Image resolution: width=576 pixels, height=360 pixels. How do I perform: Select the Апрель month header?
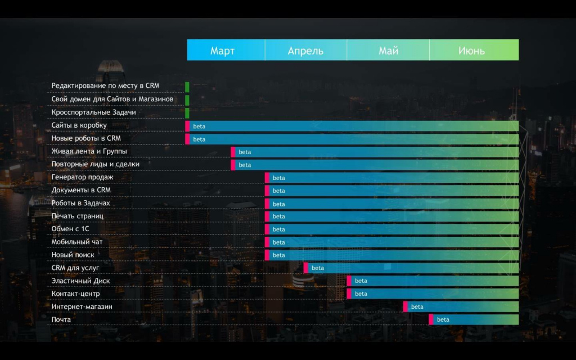point(305,50)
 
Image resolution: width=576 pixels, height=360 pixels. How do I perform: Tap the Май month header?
point(388,50)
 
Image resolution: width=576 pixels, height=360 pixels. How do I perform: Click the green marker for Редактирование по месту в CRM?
point(187,87)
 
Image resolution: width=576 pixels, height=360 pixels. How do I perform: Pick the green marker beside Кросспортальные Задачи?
point(187,113)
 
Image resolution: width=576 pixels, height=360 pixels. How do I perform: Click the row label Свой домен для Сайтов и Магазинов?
point(112,99)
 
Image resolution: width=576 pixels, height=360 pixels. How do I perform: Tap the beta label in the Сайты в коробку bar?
point(199,127)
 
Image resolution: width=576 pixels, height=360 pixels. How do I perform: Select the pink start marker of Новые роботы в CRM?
point(187,139)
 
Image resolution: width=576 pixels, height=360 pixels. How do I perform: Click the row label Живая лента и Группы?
point(89,151)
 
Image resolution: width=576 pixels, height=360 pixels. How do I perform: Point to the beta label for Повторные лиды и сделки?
point(245,165)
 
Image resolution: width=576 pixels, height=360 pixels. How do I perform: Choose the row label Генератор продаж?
point(82,177)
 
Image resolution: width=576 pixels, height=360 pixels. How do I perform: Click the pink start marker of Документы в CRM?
point(267,191)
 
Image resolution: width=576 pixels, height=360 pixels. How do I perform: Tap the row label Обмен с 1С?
point(70,229)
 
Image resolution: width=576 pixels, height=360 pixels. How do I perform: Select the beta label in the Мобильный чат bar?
point(279,242)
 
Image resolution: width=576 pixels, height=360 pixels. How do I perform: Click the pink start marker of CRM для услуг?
point(306,268)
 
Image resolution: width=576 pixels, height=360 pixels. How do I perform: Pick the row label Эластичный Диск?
point(80,281)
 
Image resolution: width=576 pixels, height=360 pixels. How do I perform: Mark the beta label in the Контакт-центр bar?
point(361,294)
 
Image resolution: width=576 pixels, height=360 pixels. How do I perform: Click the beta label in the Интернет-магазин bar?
point(417,307)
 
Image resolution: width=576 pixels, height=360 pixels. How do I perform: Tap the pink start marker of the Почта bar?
point(431,319)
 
